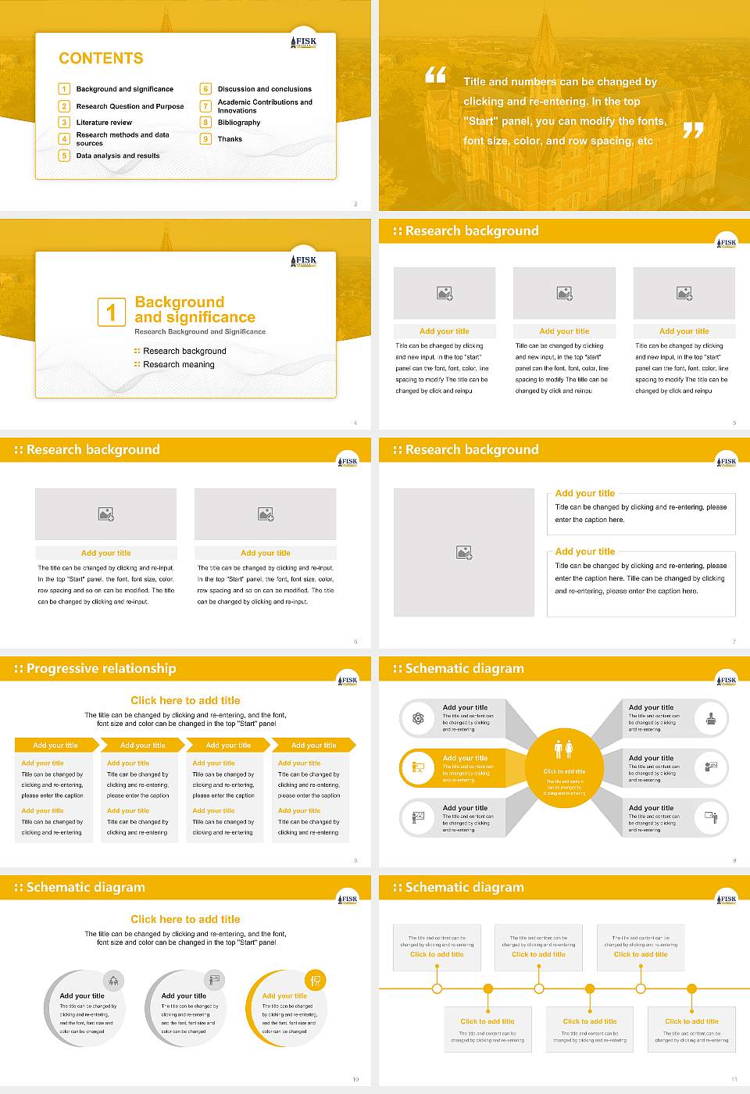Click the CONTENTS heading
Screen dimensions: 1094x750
point(101,59)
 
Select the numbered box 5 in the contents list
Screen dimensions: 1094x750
point(64,156)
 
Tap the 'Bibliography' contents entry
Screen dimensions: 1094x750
point(238,123)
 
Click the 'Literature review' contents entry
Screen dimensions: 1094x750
point(104,123)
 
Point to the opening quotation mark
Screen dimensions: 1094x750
point(436,75)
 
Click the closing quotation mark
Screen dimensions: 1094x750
point(693,130)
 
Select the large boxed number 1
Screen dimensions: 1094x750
point(111,312)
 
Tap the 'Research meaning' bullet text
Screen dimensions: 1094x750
point(178,365)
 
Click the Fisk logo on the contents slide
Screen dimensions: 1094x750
point(304,42)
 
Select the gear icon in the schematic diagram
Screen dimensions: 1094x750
point(418,718)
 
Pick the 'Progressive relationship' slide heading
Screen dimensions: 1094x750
point(101,669)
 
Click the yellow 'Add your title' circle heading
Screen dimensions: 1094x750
point(284,996)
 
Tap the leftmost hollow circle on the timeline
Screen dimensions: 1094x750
point(437,989)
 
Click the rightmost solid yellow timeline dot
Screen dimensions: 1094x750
point(691,989)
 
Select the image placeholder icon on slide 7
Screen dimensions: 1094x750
point(464,552)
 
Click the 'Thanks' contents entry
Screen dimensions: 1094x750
point(230,139)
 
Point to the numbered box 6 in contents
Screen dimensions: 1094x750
point(206,89)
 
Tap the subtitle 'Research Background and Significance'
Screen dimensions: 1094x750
point(200,332)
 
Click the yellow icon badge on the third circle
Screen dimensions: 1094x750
point(315,980)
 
